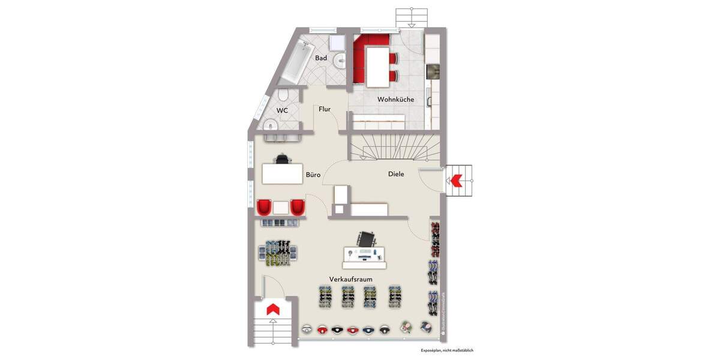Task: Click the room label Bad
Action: [x=321, y=58]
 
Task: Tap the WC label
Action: [x=282, y=111]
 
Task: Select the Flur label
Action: [x=325, y=109]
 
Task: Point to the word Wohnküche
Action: [x=395, y=100]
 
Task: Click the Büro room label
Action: [x=313, y=175]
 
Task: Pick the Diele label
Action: [x=396, y=174]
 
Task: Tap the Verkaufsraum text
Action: [x=351, y=280]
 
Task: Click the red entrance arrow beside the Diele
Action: [x=455, y=179]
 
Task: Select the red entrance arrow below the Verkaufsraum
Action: [x=272, y=308]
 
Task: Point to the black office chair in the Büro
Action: [x=282, y=159]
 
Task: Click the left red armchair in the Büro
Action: [x=265, y=207]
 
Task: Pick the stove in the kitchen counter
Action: [x=432, y=71]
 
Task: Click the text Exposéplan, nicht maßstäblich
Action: [x=447, y=350]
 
